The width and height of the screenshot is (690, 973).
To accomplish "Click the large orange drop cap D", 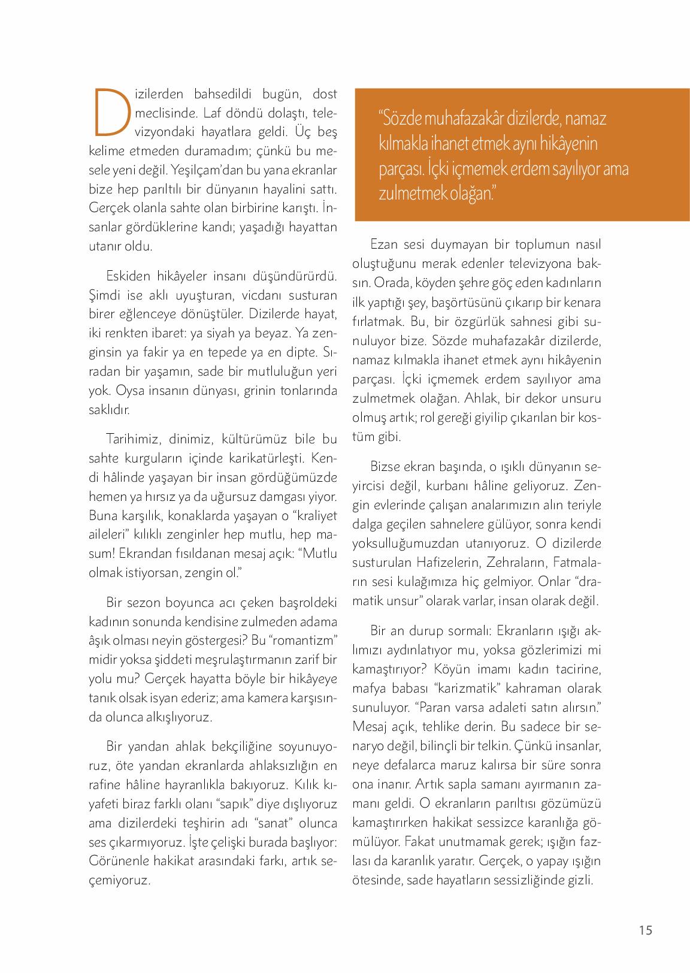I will (112, 112).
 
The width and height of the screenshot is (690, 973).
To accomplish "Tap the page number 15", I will (645, 930).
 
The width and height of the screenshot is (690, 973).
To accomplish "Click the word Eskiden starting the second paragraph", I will (128, 276).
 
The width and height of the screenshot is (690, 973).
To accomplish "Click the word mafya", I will (370, 688).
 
